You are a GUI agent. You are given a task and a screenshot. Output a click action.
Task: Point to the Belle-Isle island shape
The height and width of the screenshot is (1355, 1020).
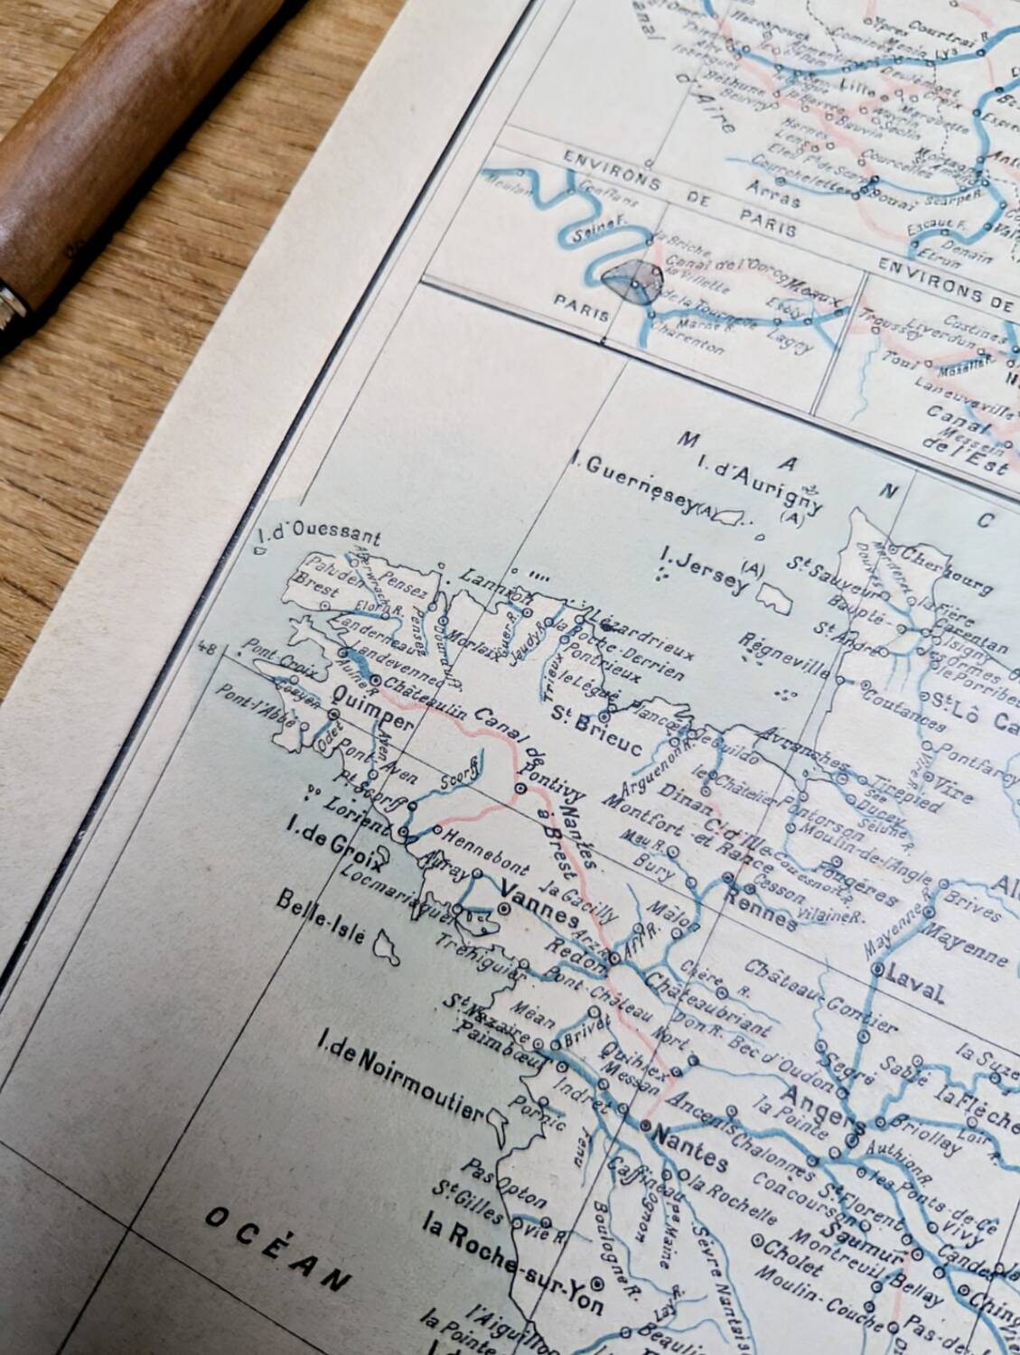click(388, 947)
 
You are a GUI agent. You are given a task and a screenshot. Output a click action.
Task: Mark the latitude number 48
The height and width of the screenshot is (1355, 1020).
click(207, 648)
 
